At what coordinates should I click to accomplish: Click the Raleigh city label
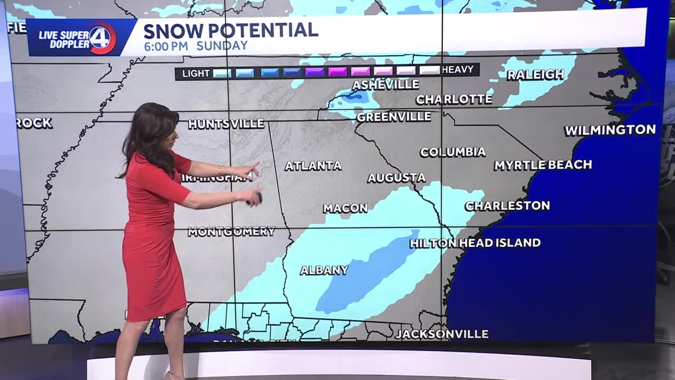pyautogui.click(x=535, y=74)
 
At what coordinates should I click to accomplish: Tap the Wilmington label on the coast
pyautogui.click(x=610, y=130)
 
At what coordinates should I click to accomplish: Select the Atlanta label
pyautogui.click(x=313, y=166)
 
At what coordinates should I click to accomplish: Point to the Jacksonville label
pyautogui.click(x=441, y=334)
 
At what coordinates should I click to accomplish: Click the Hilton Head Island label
pyautogui.click(x=475, y=243)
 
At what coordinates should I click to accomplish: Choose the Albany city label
pyautogui.click(x=324, y=270)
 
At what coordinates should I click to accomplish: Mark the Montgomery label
pyautogui.click(x=232, y=231)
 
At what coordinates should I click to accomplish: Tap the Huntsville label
pyautogui.click(x=226, y=124)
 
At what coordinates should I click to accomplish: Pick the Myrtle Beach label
pyautogui.click(x=543, y=165)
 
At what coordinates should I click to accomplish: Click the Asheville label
pyautogui.click(x=385, y=84)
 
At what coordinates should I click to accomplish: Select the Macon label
pyautogui.click(x=345, y=208)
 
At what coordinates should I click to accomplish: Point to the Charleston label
pyautogui.click(x=507, y=206)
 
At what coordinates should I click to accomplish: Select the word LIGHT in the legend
pyautogui.click(x=196, y=73)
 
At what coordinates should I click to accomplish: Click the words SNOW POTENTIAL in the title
pyautogui.click(x=230, y=30)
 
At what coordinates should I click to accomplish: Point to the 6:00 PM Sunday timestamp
pyautogui.click(x=196, y=46)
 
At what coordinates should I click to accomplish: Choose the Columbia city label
pyautogui.click(x=452, y=152)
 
